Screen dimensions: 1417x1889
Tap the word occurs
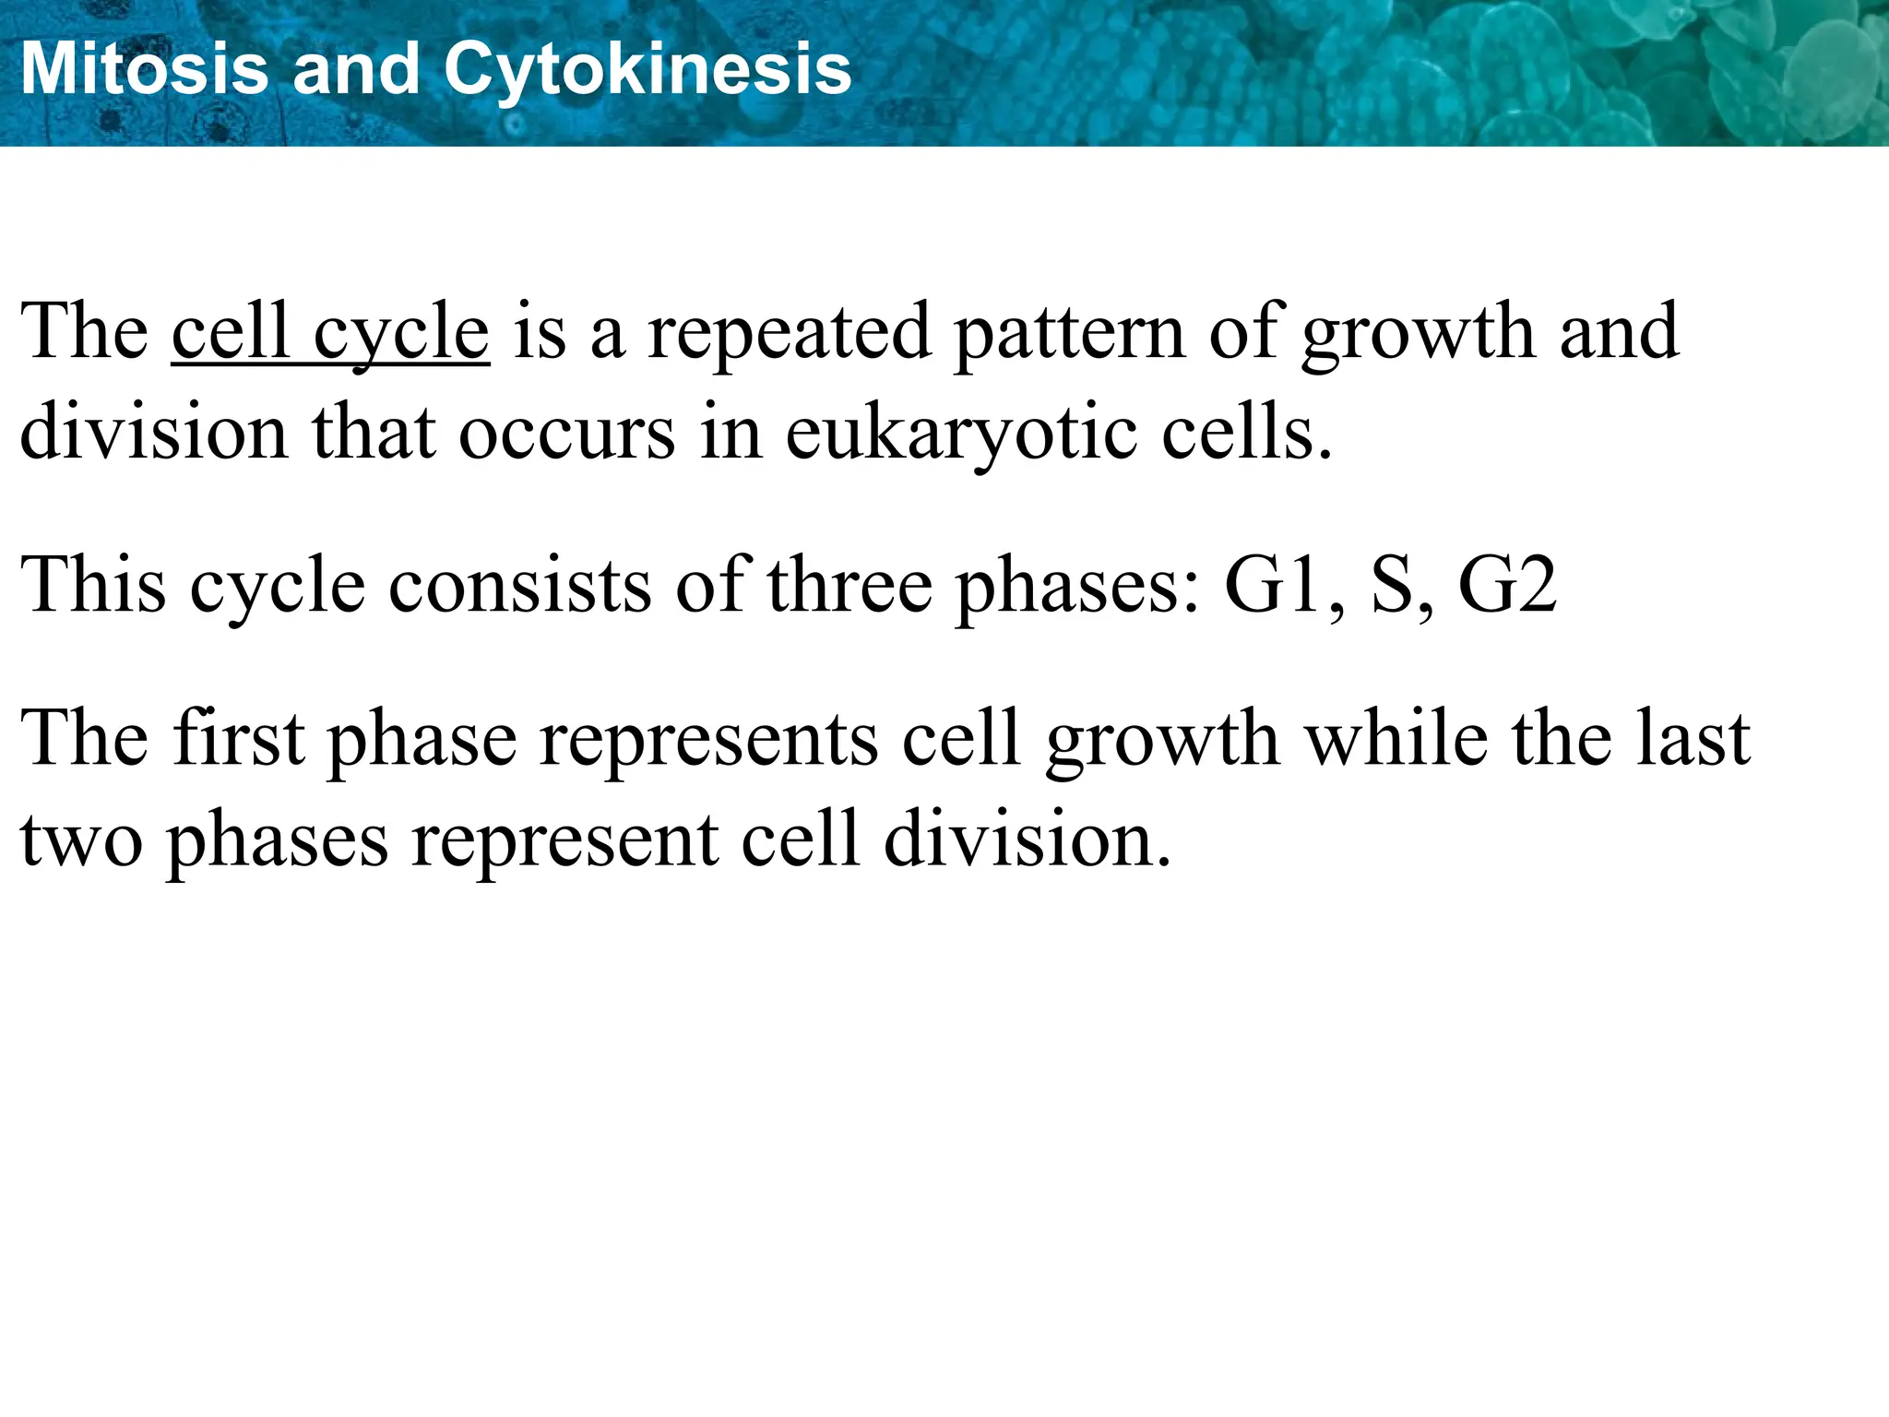coord(566,434)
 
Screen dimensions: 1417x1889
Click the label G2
coord(1507,586)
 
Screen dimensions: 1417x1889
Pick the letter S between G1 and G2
coord(1393,586)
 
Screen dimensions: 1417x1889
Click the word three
coord(849,586)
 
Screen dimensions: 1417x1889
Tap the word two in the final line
coord(81,841)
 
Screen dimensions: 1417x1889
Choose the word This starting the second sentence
coord(93,586)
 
